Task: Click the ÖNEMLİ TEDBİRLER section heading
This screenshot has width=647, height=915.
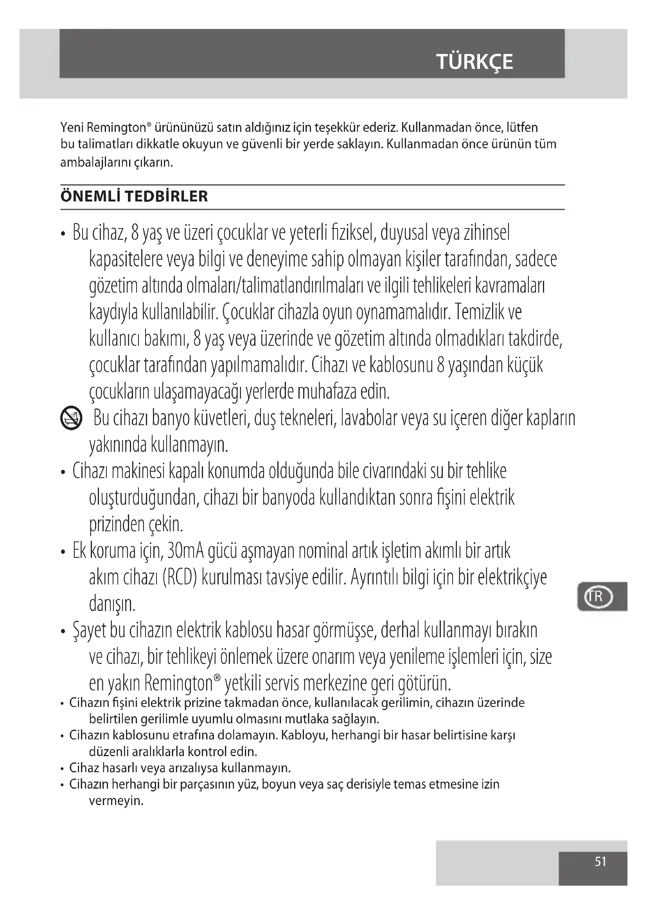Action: [134, 196]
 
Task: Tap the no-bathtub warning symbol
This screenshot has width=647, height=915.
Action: [71, 419]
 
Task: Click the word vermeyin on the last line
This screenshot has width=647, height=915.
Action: [116, 801]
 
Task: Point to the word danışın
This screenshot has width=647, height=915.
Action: [112, 604]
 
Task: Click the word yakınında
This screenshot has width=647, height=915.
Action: [118, 445]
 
